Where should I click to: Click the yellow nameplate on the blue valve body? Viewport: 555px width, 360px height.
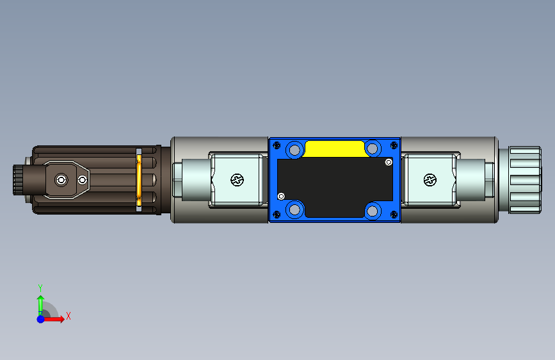coord(335,149)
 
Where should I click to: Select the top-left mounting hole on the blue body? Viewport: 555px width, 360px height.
coord(294,150)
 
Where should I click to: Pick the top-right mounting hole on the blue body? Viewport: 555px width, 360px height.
coord(373,149)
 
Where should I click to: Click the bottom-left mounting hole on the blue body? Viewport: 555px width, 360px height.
coord(294,209)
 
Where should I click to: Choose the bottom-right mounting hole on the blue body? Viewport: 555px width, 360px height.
coord(373,211)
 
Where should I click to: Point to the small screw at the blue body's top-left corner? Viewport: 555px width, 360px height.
coord(277,145)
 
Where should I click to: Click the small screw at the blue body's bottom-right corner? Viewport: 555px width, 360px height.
coord(394,215)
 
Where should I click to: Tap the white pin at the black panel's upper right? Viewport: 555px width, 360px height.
coord(389,162)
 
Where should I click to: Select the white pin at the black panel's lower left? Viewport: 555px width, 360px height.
coord(281,196)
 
